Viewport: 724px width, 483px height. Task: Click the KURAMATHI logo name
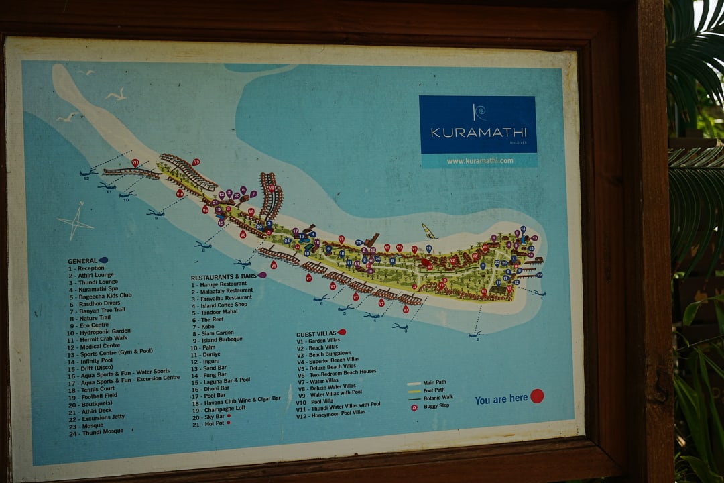tap(478, 132)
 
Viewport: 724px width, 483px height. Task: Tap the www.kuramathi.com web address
tap(480, 161)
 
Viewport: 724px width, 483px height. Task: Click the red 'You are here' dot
tap(537, 396)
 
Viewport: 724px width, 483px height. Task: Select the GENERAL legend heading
tap(82, 261)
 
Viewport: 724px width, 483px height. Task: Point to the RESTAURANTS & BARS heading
tap(224, 277)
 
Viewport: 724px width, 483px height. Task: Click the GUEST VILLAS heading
tap(316, 334)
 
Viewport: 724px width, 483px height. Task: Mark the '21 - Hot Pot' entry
tap(208, 425)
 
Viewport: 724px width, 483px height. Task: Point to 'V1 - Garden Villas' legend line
tap(319, 341)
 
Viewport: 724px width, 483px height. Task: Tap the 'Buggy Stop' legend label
tap(436, 407)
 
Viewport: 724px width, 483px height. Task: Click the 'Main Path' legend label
tap(434, 383)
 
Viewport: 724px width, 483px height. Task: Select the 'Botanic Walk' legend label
tap(438, 398)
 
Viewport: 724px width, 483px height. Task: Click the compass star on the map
tap(75, 221)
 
